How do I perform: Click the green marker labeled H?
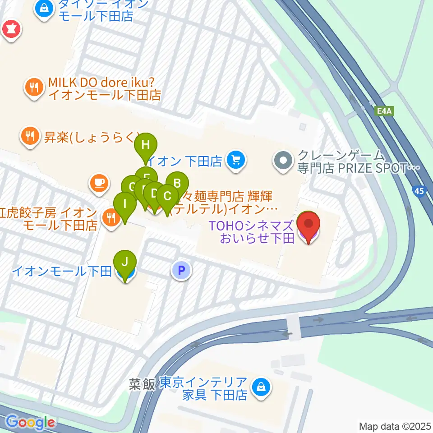146,145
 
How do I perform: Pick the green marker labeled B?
177,183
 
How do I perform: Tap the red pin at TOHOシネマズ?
309,223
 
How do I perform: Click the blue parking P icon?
181,271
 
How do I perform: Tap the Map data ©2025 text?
395,426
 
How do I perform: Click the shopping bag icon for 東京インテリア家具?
261,387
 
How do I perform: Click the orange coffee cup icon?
99,183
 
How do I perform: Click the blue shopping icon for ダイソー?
44,8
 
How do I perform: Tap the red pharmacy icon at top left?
9,30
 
